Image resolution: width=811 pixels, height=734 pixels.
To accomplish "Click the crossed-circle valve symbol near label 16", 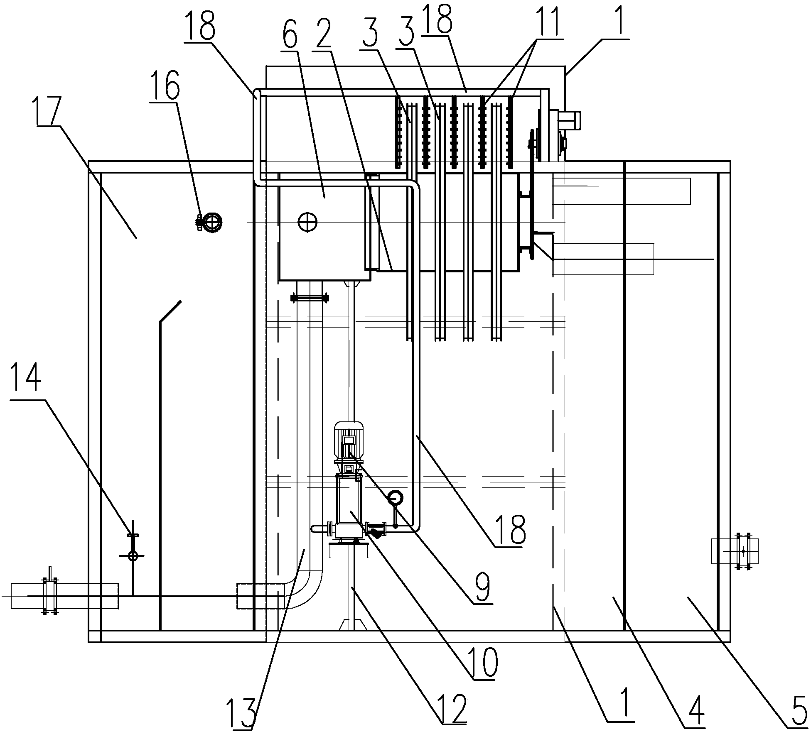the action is [x=213, y=222].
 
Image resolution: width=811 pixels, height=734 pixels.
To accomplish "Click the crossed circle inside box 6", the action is [x=307, y=222].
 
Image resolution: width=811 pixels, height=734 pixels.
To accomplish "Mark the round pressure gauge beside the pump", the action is [x=395, y=497].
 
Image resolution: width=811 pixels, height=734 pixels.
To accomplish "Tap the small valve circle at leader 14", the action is [x=133, y=555].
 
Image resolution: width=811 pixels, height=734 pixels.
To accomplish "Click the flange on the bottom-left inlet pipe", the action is [x=49, y=596].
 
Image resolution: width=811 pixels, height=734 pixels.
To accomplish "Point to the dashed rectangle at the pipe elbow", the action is [x=261, y=596].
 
